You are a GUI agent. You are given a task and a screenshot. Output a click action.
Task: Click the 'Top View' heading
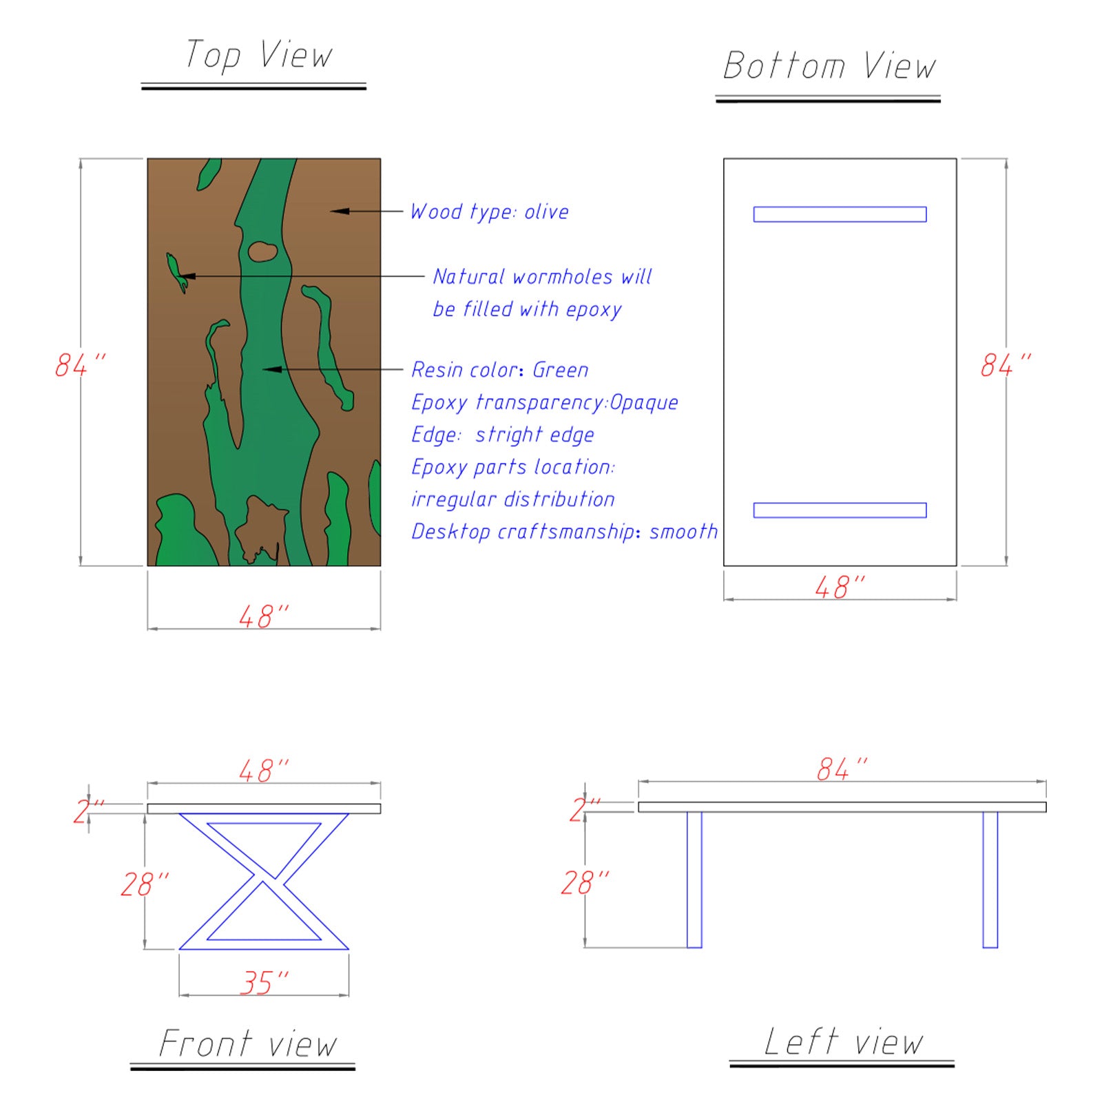click(x=258, y=55)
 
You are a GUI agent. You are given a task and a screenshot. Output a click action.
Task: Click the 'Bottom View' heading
click(x=829, y=66)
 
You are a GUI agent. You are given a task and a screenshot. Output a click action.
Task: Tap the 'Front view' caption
click(x=248, y=1043)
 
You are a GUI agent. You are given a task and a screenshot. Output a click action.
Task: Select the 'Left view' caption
click(x=843, y=1041)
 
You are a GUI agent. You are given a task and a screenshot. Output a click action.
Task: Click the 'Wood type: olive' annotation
click(x=489, y=211)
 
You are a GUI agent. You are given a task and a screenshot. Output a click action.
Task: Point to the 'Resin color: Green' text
click(x=500, y=370)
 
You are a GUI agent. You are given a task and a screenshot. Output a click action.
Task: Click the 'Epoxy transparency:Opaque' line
click(x=544, y=402)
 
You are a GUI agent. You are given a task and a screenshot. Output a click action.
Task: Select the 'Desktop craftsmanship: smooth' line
click(x=564, y=532)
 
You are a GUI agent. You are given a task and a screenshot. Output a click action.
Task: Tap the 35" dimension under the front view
click(x=264, y=983)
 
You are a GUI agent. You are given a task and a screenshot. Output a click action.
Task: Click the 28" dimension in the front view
click(x=145, y=884)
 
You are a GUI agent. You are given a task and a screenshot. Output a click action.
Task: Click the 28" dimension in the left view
click(x=585, y=883)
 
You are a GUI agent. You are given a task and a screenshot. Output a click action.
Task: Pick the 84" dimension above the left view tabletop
click(x=842, y=769)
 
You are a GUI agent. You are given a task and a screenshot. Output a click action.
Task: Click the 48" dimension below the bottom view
click(x=840, y=588)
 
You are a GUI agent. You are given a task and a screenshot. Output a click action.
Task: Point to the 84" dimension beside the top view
click(x=81, y=365)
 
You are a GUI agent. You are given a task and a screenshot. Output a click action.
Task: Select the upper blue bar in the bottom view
click(x=840, y=214)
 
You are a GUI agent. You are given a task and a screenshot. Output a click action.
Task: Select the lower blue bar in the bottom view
click(x=840, y=510)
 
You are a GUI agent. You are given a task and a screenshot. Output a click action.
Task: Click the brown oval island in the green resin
click(x=262, y=251)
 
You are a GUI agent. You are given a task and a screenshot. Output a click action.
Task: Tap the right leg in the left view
click(x=990, y=880)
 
